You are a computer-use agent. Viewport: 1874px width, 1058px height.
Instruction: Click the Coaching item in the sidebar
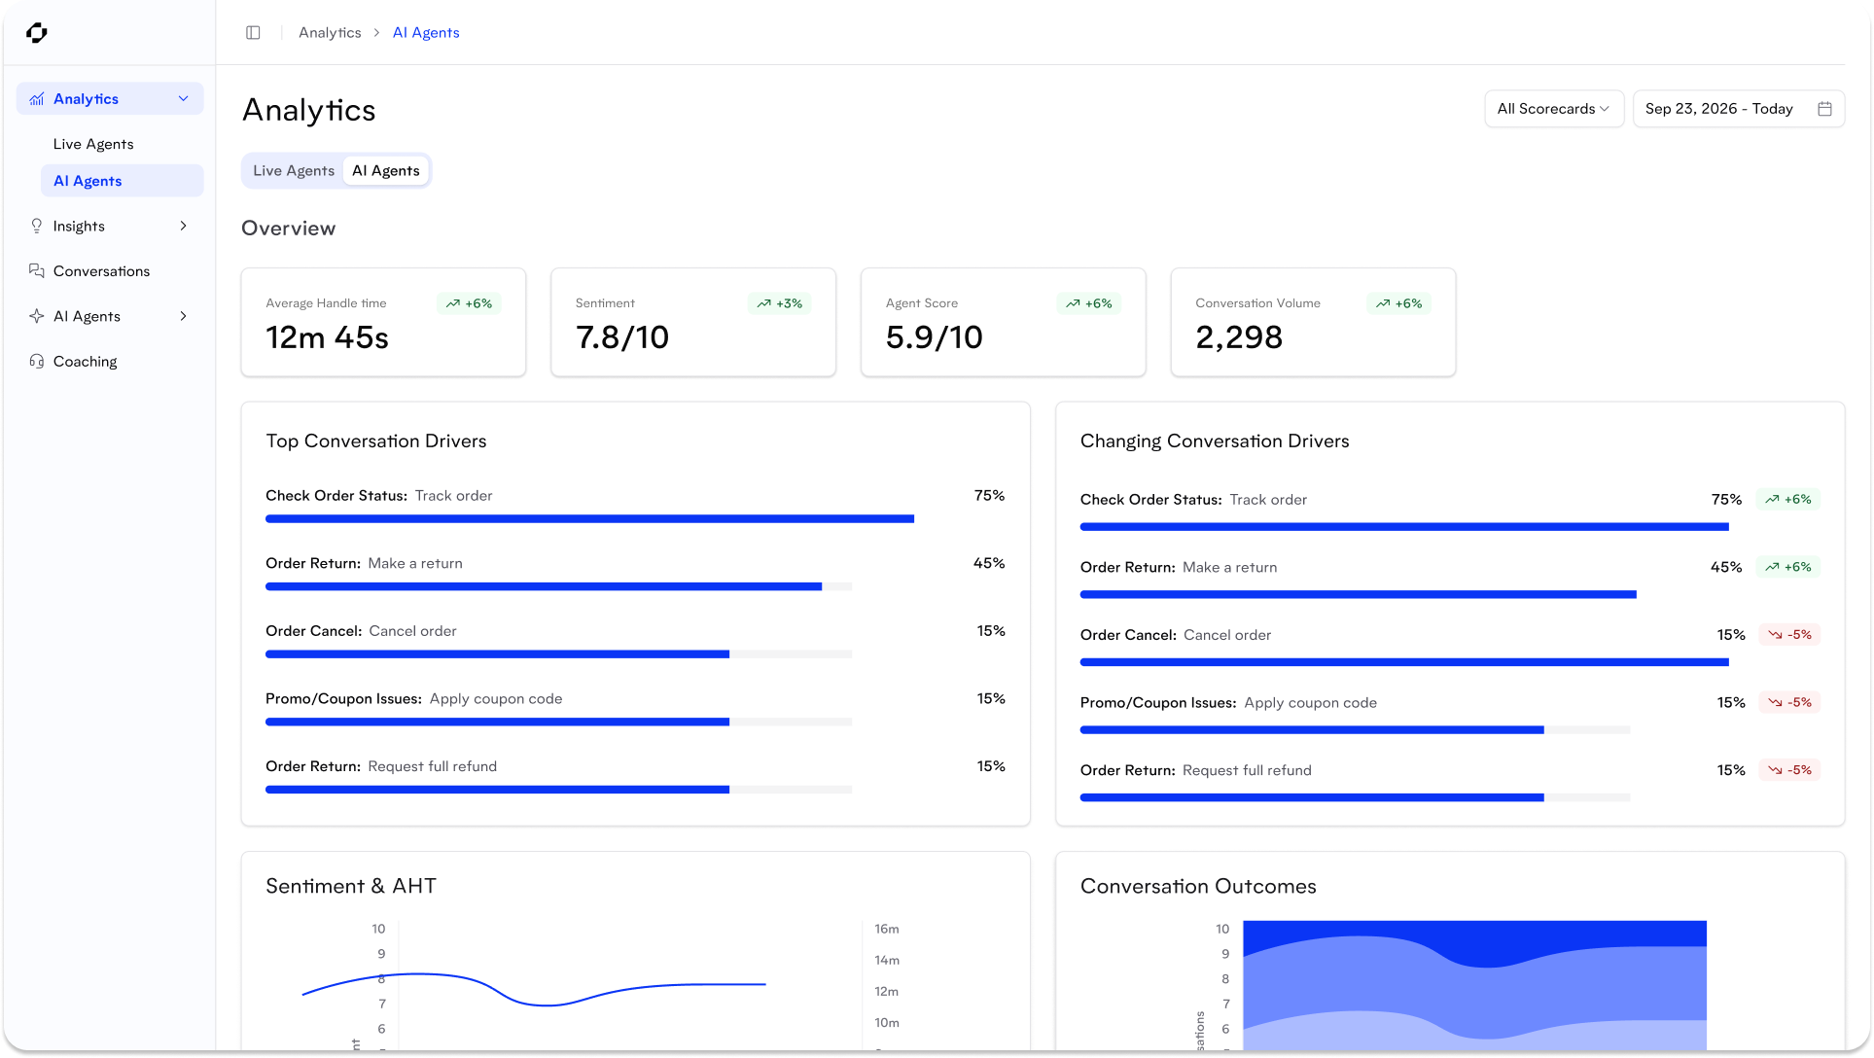pos(85,361)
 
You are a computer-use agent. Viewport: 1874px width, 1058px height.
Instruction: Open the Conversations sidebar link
pos(101,271)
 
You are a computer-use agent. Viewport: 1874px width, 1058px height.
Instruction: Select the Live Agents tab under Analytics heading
pos(293,170)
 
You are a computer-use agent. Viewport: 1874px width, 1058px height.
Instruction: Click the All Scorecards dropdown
pos(1552,109)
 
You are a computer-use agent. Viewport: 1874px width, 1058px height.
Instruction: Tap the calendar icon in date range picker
pos(1824,109)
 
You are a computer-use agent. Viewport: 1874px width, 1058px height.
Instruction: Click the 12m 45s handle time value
pos(327,337)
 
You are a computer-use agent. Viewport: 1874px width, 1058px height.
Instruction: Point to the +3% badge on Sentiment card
pos(779,303)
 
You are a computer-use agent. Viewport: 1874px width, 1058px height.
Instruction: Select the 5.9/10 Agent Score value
pos(934,337)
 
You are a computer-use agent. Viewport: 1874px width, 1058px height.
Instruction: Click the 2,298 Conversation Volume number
pos(1238,337)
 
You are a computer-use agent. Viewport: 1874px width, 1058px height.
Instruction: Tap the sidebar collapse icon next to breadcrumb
pos(253,33)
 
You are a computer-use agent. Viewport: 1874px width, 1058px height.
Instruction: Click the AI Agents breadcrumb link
pos(426,33)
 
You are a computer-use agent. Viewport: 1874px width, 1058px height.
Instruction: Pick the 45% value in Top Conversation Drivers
pos(988,563)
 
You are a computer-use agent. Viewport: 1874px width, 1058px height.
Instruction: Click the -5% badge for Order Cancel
pos(1788,635)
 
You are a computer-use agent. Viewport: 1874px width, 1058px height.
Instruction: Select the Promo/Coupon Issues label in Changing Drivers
pos(1157,702)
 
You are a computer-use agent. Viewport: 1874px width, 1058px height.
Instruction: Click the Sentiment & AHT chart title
pos(350,886)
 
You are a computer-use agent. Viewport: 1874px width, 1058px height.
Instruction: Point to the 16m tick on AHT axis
pos(886,929)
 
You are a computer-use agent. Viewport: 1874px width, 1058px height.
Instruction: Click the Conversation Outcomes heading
pos(1197,886)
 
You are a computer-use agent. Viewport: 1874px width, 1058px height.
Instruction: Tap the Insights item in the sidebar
pos(79,226)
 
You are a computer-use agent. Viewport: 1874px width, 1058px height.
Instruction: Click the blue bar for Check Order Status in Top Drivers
pos(588,519)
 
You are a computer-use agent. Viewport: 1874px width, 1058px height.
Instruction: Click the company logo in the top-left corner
pos(37,33)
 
